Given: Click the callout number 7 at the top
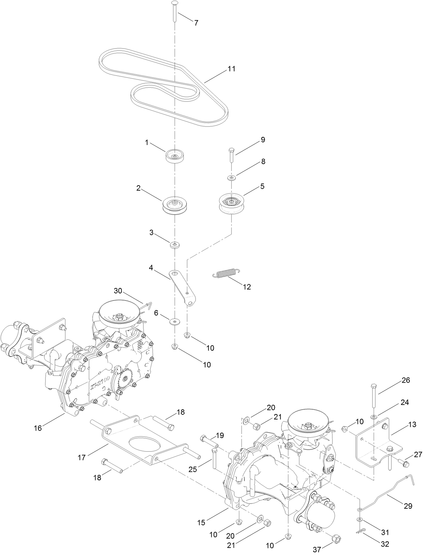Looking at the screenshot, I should (196, 23).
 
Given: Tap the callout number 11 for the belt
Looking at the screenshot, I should (231, 69).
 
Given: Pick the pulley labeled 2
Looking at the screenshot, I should (175, 205).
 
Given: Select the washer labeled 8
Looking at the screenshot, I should (231, 177).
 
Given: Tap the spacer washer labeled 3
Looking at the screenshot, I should (175, 244).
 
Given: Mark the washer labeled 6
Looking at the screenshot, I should (175, 320).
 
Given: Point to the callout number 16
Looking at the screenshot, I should (38, 428).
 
